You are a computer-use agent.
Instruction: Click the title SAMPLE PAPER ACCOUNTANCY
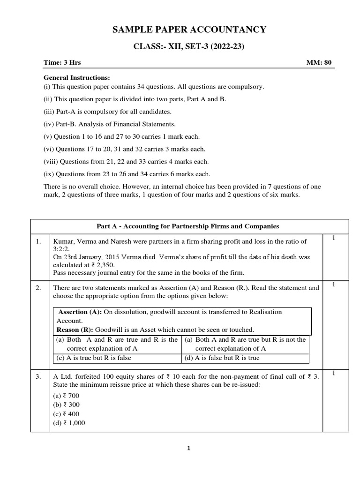pos(189,30)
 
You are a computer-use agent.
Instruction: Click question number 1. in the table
pos(39,241)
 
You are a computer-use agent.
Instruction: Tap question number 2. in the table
pos(39,288)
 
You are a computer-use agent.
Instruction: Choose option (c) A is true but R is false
pos(94,358)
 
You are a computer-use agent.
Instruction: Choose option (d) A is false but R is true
pos(222,358)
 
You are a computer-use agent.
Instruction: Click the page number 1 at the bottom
pos(189,448)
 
